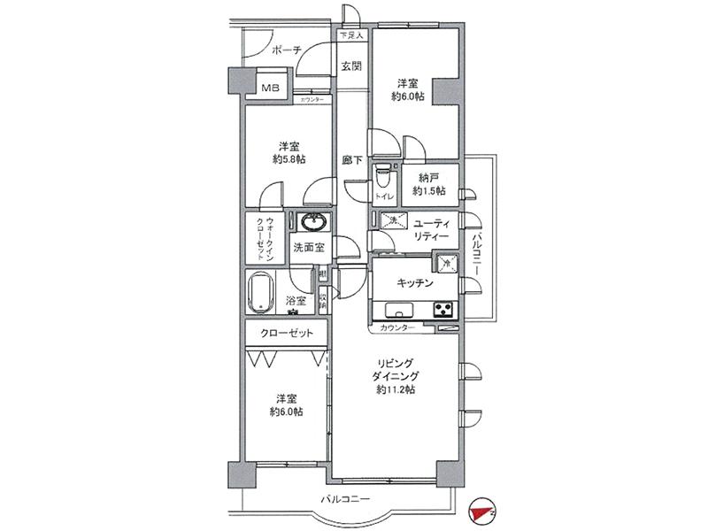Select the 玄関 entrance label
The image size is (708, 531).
pyautogui.click(x=351, y=66)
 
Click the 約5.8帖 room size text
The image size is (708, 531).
pyautogui.click(x=289, y=160)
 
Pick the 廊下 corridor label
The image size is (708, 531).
pyautogui.click(x=352, y=161)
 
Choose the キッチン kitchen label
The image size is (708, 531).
pyautogui.click(x=414, y=283)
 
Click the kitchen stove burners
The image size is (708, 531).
pyautogui.click(x=442, y=309)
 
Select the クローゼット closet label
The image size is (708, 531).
pyautogui.click(x=285, y=334)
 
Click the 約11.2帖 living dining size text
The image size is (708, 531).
pyautogui.click(x=396, y=389)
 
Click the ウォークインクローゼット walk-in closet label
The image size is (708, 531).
pyautogui.click(x=265, y=238)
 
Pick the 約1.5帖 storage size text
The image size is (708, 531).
pyautogui.click(x=428, y=191)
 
